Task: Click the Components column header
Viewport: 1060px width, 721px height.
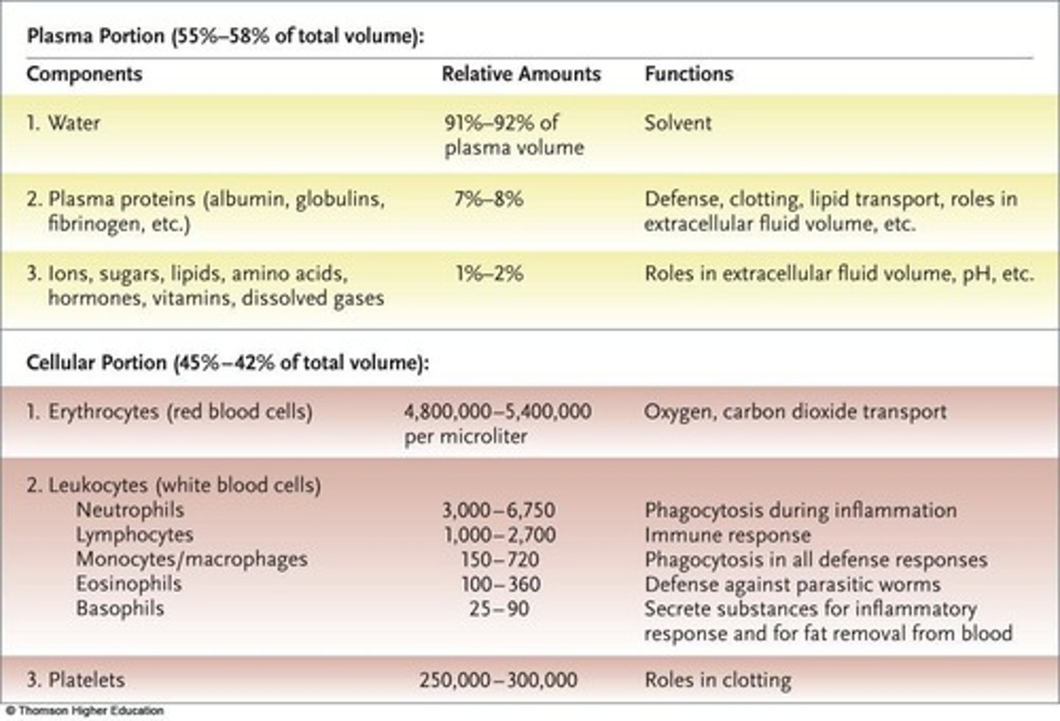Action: click(84, 74)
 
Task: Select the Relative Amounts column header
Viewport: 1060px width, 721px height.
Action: click(520, 74)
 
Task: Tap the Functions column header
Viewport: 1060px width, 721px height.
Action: click(688, 74)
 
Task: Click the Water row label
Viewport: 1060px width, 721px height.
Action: click(63, 122)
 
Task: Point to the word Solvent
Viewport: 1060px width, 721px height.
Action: click(677, 122)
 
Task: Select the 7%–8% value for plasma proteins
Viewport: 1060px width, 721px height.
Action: click(488, 199)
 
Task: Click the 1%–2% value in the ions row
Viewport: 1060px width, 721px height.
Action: click(489, 274)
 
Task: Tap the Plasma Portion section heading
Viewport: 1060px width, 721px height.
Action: click(225, 36)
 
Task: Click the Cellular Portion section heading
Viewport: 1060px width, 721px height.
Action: click(227, 362)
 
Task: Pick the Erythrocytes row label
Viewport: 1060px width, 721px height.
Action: click(169, 411)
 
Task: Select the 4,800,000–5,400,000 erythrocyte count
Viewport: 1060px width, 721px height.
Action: click(497, 411)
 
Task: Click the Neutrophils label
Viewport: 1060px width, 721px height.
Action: click(130, 510)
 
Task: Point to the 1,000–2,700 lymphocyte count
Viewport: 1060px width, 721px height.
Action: click(498, 535)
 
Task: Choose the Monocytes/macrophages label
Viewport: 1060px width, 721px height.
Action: click(191, 559)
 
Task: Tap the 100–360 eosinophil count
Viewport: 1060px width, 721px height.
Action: click(500, 584)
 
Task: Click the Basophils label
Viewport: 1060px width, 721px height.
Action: click(120, 608)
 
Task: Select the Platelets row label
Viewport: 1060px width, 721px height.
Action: click(76, 679)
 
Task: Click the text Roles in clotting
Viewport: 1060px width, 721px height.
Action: click(717, 679)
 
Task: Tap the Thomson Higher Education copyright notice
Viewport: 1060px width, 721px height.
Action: click(84, 711)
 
